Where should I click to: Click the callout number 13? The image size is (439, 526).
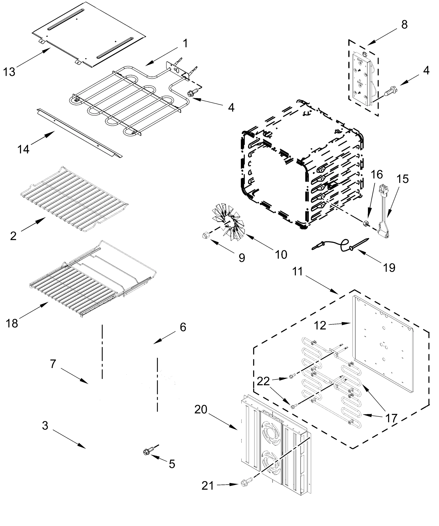[x=9, y=72]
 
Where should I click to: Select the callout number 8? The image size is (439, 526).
[x=404, y=25]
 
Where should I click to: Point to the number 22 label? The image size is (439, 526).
[x=263, y=381]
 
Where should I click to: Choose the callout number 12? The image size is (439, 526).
[x=320, y=326]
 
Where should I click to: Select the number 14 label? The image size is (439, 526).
[x=23, y=149]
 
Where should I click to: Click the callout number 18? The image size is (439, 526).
[x=12, y=323]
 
